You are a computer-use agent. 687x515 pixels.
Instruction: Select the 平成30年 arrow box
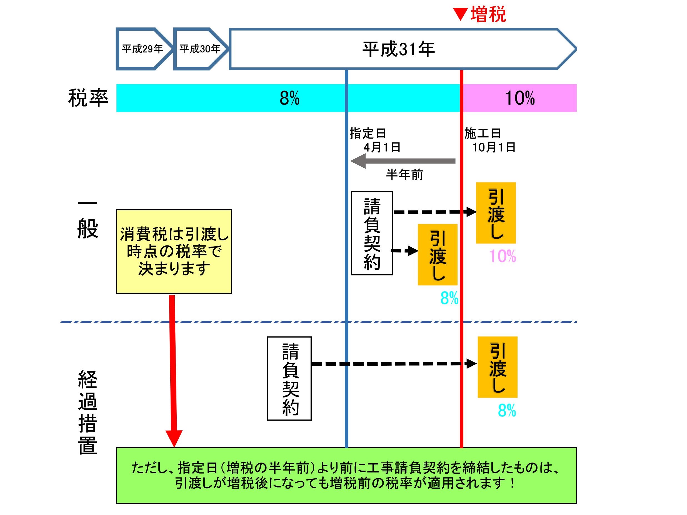pyautogui.click(x=200, y=49)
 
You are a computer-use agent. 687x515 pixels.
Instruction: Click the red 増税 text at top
pyautogui.click(x=488, y=14)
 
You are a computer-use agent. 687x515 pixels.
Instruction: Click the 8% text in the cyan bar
pyautogui.click(x=289, y=98)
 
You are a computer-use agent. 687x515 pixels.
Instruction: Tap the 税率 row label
pyautogui.click(x=88, y=98)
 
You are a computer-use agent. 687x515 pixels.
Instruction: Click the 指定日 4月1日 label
pyautogui.click(x=374, y=140)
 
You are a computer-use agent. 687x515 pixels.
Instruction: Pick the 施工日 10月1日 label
pyautogui.click(x=489, y=140)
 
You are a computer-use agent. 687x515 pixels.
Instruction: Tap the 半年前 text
pyautogui.click(x=404, y=175)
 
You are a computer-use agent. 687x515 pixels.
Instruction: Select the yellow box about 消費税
pyautogui.click(x=174, y=252)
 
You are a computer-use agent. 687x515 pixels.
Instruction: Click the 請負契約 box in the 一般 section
pyautogui.click(x=372, y=233)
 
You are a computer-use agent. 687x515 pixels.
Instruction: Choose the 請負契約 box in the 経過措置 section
pyautogui.click(x=289, y=378)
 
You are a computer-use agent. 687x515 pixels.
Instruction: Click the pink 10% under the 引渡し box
pyautogui.click(x=502, y=257)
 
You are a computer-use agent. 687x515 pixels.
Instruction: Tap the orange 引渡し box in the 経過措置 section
pyautogui.click(x=497, y=367)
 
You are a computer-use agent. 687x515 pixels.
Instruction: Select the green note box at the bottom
pyautogui.click(x=346, y=475)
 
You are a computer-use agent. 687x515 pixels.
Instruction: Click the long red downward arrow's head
pyautogui.click(x=174, y=438)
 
